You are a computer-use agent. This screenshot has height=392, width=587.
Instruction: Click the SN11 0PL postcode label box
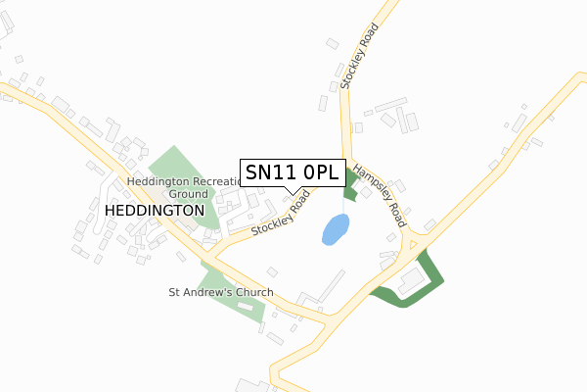292,172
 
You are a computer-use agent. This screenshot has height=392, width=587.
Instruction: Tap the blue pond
335,230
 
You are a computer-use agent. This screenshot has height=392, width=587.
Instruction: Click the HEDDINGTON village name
154,211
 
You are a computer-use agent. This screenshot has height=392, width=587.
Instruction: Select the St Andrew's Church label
221,293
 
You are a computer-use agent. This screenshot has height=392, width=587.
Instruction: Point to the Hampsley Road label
380,195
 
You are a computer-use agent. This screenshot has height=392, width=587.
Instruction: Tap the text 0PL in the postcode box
320,172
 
